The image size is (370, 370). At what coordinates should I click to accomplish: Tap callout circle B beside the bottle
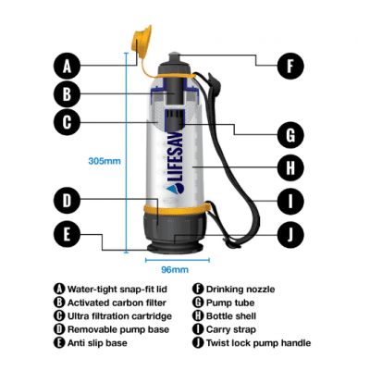pos(66,92)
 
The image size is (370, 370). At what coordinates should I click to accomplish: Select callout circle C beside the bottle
pos(66,120)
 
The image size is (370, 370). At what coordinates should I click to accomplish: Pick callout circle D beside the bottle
pos(66,199)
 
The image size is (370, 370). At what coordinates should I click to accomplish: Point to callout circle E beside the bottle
pos(66,233)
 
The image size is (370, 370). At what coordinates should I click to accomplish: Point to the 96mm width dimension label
pos(176,269)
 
